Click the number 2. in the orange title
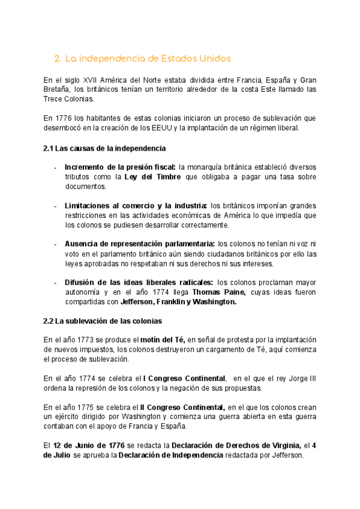click(x=58, y=59)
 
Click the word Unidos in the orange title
click(x=211, y=59)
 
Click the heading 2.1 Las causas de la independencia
click(x=104, y=148)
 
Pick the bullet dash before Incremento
click(x=55, y=167)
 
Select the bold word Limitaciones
click(x=88, y=205)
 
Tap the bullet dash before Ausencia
click(x=55, y=244)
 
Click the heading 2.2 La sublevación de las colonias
click(x=103, y=321)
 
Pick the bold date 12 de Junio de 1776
click(x=89, y=445)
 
